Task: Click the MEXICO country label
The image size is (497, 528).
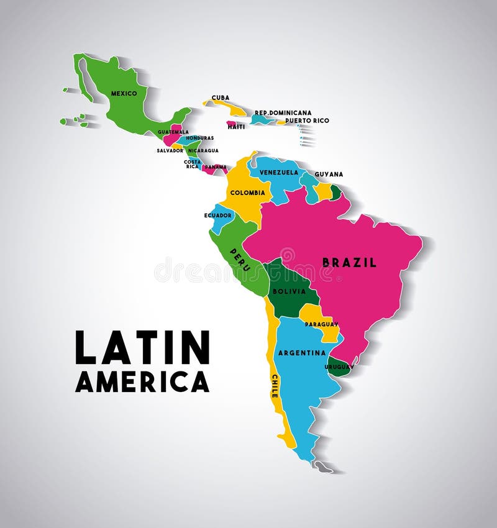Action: click(x=124, y=94)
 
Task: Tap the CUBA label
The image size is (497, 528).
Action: click(x=221, y=98)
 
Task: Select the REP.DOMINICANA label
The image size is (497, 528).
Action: click(x=283, y=113)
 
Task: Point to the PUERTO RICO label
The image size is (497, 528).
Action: click(x=307, y=121)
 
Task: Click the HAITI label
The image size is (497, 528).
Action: click(x=236, y=127)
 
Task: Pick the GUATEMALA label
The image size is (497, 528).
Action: click(x=173, y=132)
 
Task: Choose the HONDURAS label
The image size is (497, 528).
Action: click(x=200, y=138)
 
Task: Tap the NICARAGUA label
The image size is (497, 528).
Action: click(x=203, y=150)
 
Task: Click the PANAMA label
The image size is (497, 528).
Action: click(x=216, y=167)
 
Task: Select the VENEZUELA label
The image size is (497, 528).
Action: click(x=279, y=172)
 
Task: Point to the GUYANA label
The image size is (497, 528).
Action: click(x=329, y=175)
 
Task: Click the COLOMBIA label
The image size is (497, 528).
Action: click(x=248, y=193)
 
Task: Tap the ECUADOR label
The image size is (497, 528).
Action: click(x=218, y=216)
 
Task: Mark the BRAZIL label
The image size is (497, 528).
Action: click(x=349, y=262)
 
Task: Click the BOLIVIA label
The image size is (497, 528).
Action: click(x=289, y=290)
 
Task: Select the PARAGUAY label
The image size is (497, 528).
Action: click(x=322, y=324)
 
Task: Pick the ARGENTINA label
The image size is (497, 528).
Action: click(x=302, y=353)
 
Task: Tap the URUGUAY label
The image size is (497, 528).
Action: click(x=339, y=366)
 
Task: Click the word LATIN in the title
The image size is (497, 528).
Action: click(x=142, y=348)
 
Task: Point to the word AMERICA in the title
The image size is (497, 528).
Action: click(x=142, y=381)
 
